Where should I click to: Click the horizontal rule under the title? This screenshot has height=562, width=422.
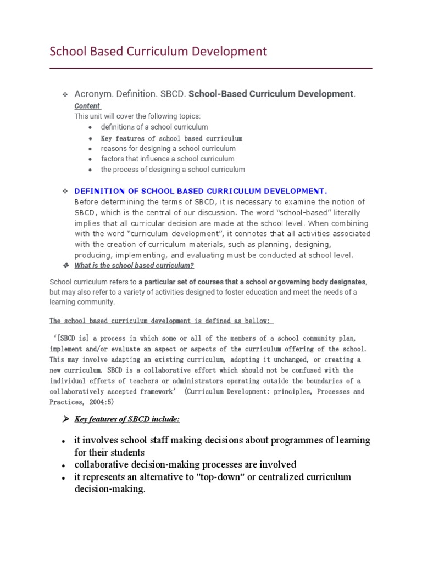click(211, 68)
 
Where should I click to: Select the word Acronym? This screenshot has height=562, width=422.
click(94, 94)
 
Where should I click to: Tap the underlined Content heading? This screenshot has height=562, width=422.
click(87, 106)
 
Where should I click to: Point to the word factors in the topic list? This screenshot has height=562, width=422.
click(112, 159)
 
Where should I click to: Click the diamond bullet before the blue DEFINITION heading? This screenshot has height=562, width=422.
click(64, 191)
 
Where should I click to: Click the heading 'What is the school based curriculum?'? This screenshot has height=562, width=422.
click(134, 266)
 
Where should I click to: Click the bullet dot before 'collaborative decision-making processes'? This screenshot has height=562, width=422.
click(64, 465)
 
